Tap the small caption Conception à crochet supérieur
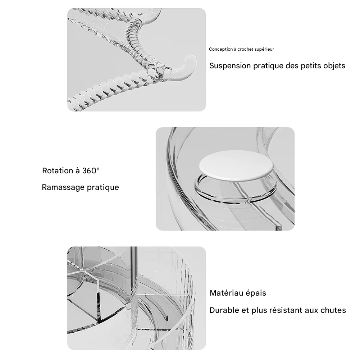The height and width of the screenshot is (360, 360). [241, 49]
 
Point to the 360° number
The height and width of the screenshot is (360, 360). [91, 170]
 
